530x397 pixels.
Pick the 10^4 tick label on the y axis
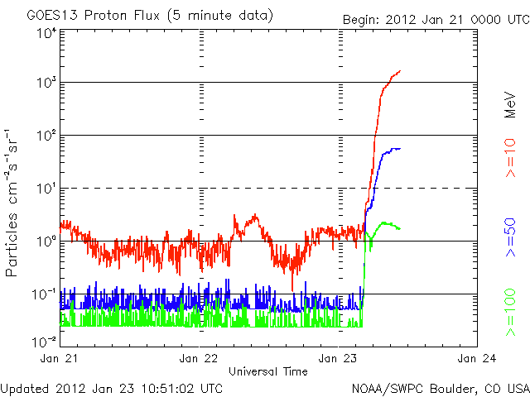[45, 33]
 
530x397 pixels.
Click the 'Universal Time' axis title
[268, 371]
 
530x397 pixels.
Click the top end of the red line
[400, 71]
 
